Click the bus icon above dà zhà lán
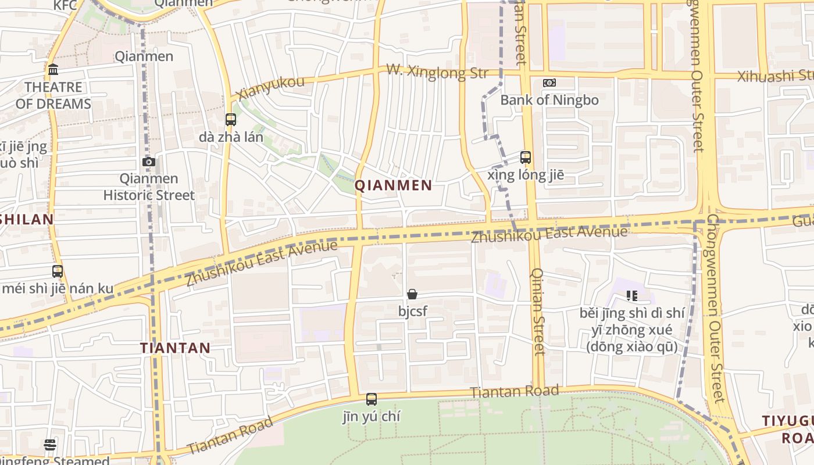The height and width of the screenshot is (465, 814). point(231,120)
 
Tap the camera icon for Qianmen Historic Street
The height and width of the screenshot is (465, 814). point(149,162)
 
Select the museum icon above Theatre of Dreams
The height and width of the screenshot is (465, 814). point(53,70)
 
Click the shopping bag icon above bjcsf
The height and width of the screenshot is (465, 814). point(412,294)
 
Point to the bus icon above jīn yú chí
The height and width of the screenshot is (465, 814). point(372,399)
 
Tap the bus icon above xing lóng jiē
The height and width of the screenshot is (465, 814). point(526,157)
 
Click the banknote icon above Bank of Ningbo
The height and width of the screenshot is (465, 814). point(549,83)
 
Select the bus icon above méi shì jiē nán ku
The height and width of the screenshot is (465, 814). point(58,271)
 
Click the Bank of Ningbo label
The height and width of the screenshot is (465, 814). point(549,100)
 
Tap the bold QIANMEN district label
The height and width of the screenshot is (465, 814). point(394,185)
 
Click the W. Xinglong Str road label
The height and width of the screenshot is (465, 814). point(437,73)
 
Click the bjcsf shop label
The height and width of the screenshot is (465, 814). point(413,311)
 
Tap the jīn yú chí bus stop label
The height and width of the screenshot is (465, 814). point(372,416)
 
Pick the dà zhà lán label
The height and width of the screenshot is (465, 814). point(231,137)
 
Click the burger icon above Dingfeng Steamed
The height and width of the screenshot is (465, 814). point(50,445)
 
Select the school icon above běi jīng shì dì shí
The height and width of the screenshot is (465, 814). point(632,296)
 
